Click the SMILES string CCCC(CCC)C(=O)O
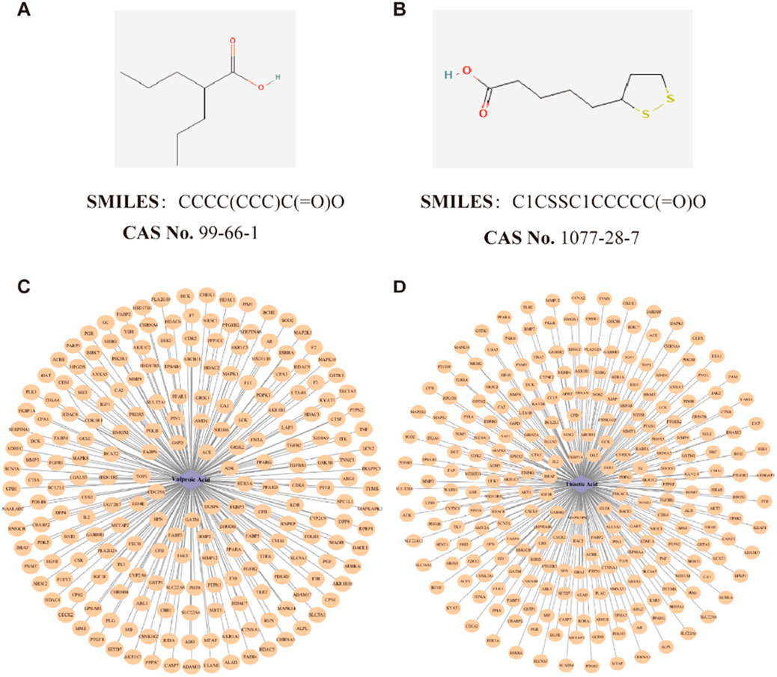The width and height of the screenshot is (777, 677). pos(261,202)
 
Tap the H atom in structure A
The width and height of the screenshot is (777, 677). pos(278,76)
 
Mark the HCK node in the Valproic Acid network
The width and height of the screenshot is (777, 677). pos(185,297)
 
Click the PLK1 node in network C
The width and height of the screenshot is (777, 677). pos(31,390)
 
